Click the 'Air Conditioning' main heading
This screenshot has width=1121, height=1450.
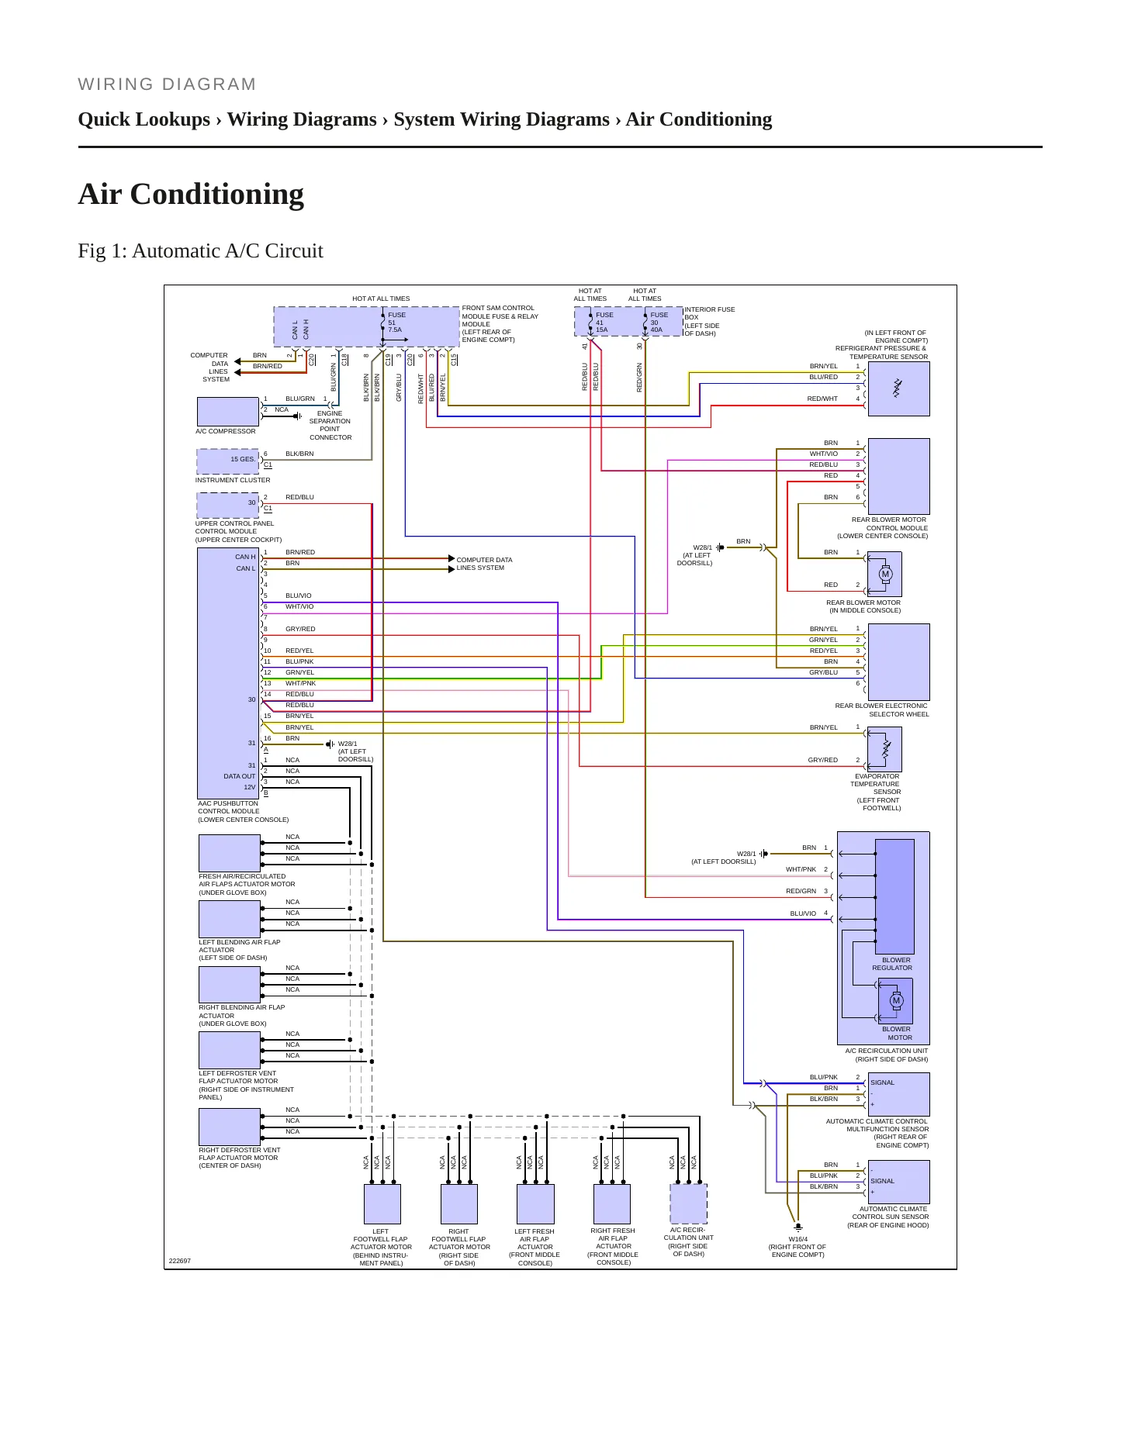click(x=191, y=194)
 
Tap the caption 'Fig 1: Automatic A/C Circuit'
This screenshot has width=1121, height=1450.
click(x=200, y=251)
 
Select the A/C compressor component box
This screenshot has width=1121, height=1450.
click(x=228, y=412)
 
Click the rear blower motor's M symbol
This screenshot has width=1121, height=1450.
click(x=885, y=575)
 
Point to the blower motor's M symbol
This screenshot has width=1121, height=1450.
click(x=896, y=1000)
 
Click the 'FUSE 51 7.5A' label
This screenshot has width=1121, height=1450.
click(x=396, y=322)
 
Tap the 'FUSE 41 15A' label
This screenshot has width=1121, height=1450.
click(x=604, y=322)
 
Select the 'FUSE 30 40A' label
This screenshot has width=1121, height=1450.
click(x=659, y=322)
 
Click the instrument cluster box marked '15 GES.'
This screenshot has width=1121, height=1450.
click(x=228, y=461)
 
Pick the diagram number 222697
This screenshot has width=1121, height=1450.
click(x=180, y=1261)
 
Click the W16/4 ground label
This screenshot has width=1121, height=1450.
click(x=798, y=1239)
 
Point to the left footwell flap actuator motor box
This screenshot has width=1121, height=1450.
click(x=382, y=1203)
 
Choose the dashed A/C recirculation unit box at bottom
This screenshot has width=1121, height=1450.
click(x=689, y=1203)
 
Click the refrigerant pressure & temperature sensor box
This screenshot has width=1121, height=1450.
click(x=898, y=389)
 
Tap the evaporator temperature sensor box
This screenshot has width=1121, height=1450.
click(x=885, y=749)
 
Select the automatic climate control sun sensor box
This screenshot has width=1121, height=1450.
click(x=898, y=1182)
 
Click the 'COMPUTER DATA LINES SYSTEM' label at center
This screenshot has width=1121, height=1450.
click(x=484, y=564)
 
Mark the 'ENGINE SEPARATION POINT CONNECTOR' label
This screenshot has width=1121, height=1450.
click(x=330, y=426)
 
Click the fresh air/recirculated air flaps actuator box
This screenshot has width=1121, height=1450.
click(x=230, y=853)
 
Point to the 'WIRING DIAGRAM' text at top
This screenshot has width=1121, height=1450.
click(x=167, y=85)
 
